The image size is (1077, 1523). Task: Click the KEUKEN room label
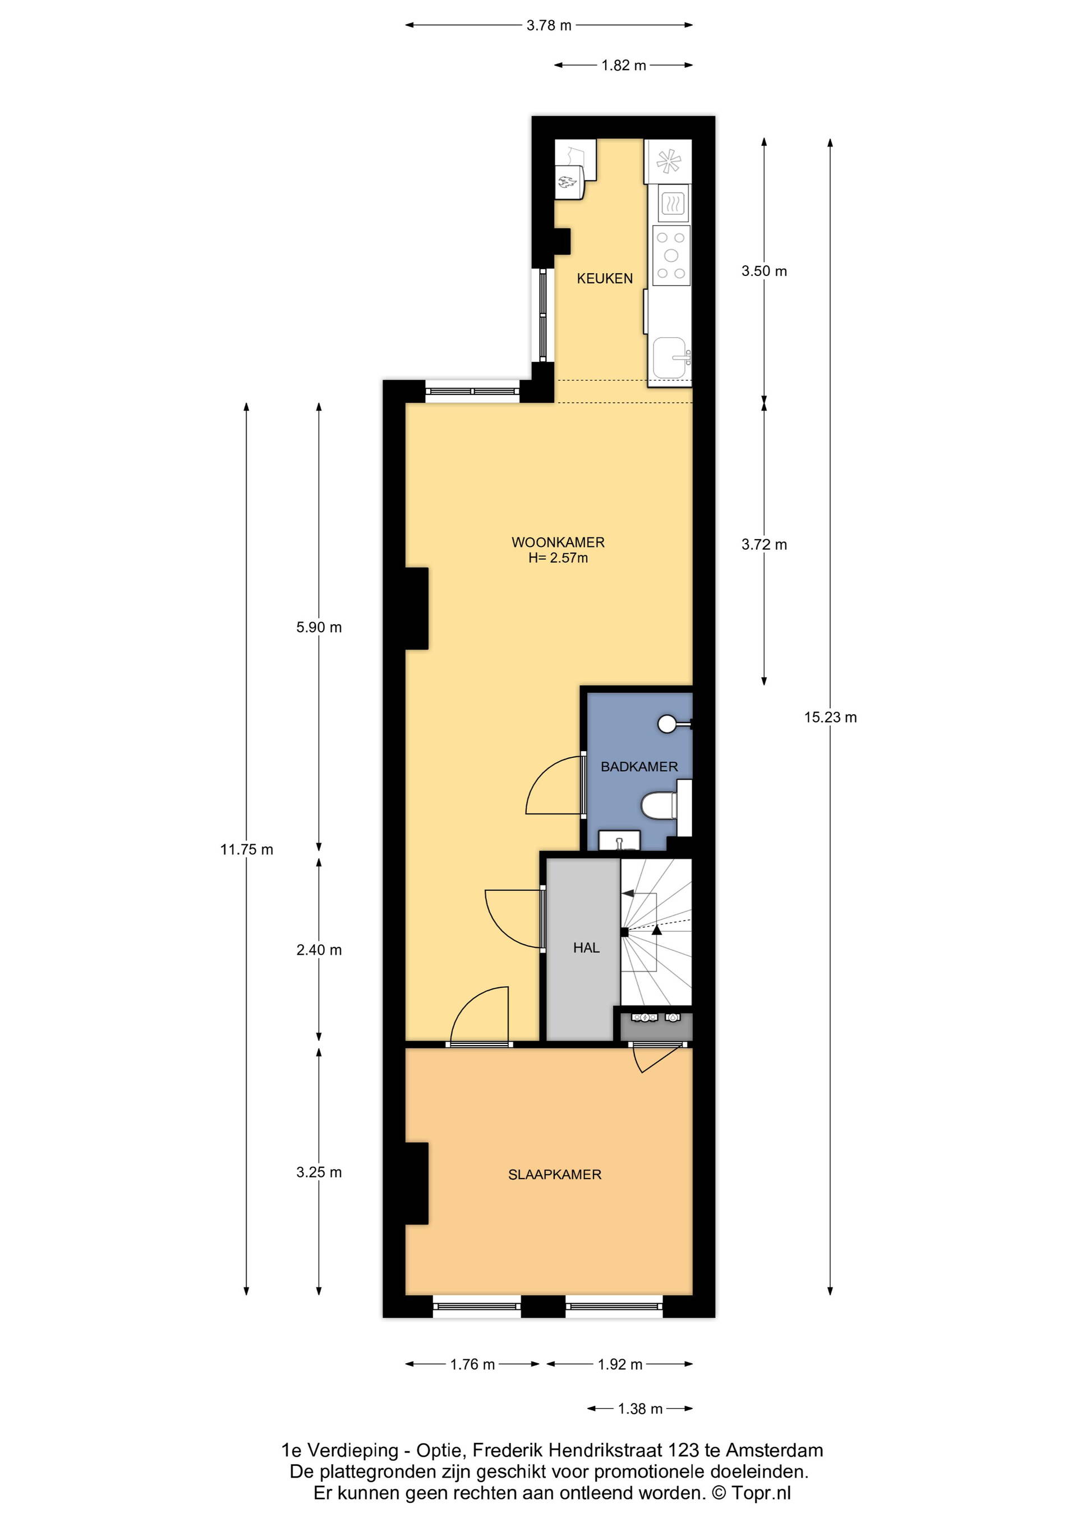tap(604, 279)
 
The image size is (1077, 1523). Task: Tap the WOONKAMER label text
tap(558, 542)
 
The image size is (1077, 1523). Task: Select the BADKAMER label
tap(639, 767)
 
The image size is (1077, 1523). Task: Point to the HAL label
tap(586, 948)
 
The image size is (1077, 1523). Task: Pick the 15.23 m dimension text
tap(830, 717)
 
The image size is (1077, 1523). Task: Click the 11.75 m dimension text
tap(247, 850)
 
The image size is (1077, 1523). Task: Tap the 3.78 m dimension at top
tap(549, 25)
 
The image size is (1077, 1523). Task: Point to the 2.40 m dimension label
tap(319, 950)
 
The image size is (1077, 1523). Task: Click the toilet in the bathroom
tap(659, 807)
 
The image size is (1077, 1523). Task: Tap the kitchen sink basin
tap(670, 358)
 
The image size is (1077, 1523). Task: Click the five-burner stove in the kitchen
tap(671, 256)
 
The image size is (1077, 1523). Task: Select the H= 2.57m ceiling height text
tap(558, 558)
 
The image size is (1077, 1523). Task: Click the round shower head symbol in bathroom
tap(667, 724)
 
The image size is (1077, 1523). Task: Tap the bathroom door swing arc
tap(541, 773)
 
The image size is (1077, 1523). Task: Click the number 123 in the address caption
tap(684, 1450)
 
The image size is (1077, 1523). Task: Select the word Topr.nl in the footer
tap(761, 1493)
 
